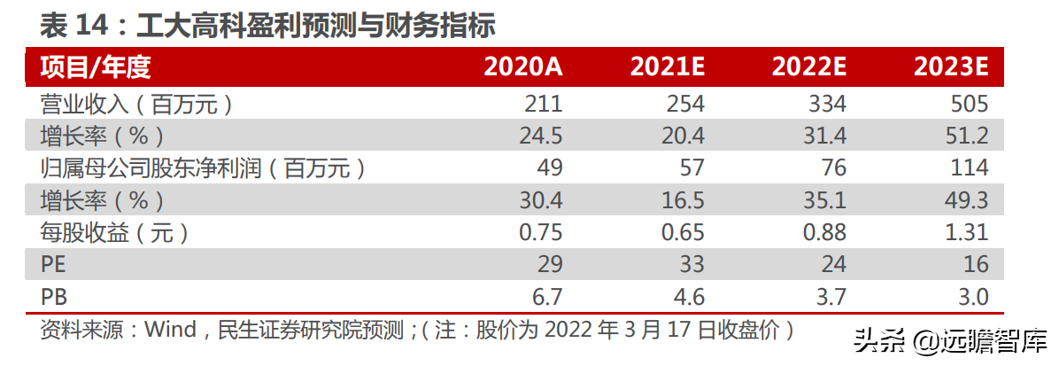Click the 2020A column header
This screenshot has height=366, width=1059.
pos(522,67)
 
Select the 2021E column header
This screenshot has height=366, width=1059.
pos(667,67)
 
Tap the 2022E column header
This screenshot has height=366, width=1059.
pos(809,67)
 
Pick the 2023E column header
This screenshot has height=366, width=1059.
pos(951,67)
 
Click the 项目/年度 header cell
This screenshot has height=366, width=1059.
pos(96,67)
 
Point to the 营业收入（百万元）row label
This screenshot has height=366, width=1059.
pos(137,105)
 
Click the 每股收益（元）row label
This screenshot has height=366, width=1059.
pos(115,232)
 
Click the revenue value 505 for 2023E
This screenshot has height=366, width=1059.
pos(969,105)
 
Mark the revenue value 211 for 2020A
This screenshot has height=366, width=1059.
pos(544,105)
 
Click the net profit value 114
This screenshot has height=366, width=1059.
pos(969,168)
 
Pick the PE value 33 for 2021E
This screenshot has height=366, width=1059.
pos(692,264)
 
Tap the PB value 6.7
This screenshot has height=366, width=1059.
pos(545,296)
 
